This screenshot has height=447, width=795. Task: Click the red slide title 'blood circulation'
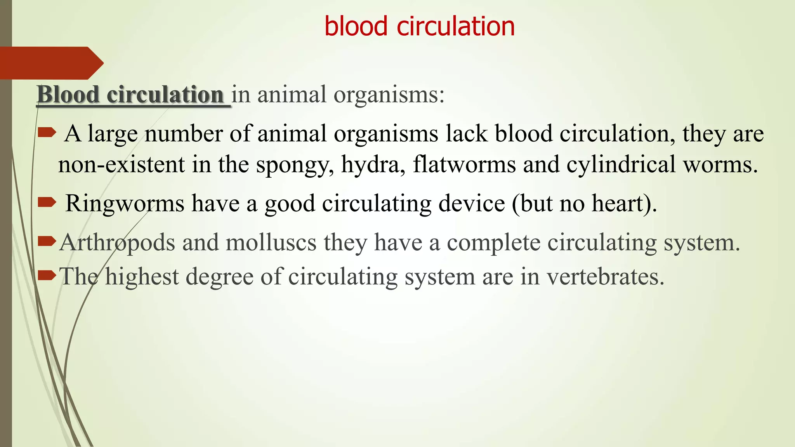pyautogui.click(x=419, y=26)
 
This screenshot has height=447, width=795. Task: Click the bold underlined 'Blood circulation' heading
pyautogui.click(x=130, y=95)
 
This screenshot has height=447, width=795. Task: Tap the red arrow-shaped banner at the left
pyautogui.click(x=50, y=63)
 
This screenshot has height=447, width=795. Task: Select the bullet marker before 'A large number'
pyautogui.click(x=47, y=133)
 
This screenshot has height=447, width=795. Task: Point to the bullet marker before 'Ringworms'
pyautogui.click(x=47, y=202)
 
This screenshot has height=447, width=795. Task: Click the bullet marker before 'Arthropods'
pyautogui.click(x=47, y=242)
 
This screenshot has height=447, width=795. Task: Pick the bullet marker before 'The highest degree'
pyautogui.click(x=47, y=276)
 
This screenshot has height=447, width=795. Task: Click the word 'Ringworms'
pyautogui.click(x=125, y=203)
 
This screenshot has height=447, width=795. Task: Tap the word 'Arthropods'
pyautogui.click(x=117, y=243)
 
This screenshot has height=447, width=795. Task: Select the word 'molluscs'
pyautogui.click(x=271, y=243)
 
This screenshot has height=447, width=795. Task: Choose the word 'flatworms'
pyautogui.click(x=464, y=165)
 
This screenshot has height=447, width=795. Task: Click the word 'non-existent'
pyautogui.click(x=122, y=165)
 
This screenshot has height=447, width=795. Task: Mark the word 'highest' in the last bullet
pyautogui.click(x=142, y=277)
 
